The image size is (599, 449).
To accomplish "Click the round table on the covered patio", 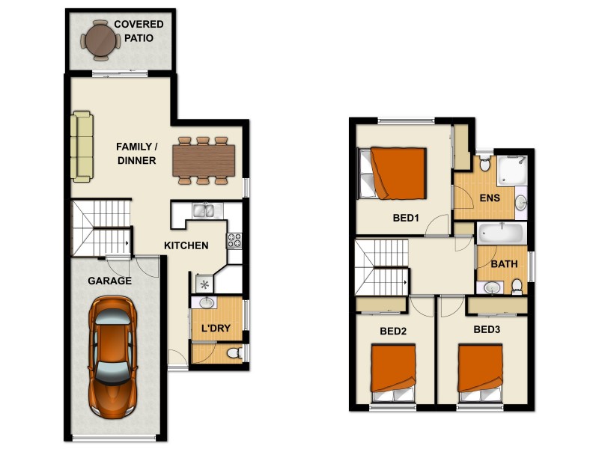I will coord(100,40).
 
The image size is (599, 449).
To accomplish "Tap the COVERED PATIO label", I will coord(139,31).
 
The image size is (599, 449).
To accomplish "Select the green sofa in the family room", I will coord(82,147).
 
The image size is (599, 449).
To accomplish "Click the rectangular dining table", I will coord(204,159).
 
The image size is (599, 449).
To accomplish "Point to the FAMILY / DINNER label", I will coord(136,153).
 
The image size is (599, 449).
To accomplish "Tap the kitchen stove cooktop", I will coord(234,241).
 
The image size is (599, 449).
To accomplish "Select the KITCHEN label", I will coord(186,245).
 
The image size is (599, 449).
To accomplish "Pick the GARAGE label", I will coord(109,281).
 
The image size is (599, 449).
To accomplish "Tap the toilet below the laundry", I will coord(233,352).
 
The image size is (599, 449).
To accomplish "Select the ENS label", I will coord(490,198).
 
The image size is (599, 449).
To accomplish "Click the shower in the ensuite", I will coord(513,171).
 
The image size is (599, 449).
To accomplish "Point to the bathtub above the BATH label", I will coord(501,233).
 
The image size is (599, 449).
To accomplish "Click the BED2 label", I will coord(393,330).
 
